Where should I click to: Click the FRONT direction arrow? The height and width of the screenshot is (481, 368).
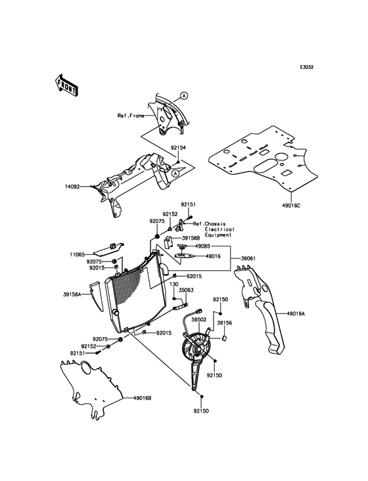(66, 85)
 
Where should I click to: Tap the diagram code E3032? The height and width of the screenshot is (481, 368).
(306, 68)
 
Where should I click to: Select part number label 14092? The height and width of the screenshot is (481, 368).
(72, 187)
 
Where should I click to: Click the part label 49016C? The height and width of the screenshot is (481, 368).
(291, 205)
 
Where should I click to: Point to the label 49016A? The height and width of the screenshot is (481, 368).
(296, 314)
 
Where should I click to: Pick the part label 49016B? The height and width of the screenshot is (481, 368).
(143, 398)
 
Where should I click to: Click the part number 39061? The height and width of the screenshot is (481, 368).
(248, 259)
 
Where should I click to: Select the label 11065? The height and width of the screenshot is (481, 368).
(77, 254)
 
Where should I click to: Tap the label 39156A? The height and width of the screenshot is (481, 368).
(71, 294)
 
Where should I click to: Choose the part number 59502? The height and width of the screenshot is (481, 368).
(198, 319)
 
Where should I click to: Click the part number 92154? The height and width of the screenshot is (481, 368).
(179, 148)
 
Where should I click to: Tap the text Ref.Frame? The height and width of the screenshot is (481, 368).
(131, 116)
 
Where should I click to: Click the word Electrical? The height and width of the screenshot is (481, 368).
(219, 229)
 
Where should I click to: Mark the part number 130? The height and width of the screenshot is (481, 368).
(174, 285)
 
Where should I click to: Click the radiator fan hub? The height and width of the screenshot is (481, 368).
(198, 350)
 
